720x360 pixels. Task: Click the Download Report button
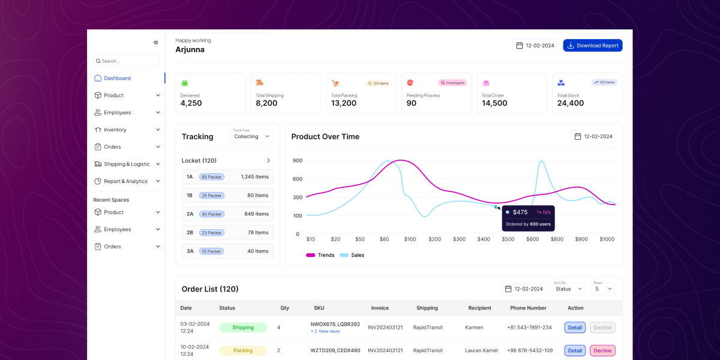[592, 46]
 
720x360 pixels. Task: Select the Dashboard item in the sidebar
[117, 78]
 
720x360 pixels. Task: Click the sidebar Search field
[127, 61]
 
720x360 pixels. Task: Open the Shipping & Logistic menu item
[127, 164]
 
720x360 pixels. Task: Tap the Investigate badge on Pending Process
[452, 83]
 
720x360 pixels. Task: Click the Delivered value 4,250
[191, 103]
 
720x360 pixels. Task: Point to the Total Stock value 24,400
[570, 103]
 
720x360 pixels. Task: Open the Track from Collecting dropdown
[251, 136]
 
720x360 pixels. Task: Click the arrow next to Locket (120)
[268, 160]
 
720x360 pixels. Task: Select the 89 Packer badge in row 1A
[212, 177]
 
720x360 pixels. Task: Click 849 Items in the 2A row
[256, 214]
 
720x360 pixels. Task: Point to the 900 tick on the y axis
[298, 160]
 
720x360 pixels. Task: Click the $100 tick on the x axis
[410, 239]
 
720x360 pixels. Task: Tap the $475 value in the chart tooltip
[520, 212]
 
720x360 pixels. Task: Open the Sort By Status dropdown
[569, 289]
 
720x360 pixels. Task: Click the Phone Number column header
[528, 308]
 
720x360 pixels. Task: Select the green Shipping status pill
[243, 328]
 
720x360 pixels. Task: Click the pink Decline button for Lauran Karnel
[602, 350]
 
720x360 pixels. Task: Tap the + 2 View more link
[325, 331]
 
